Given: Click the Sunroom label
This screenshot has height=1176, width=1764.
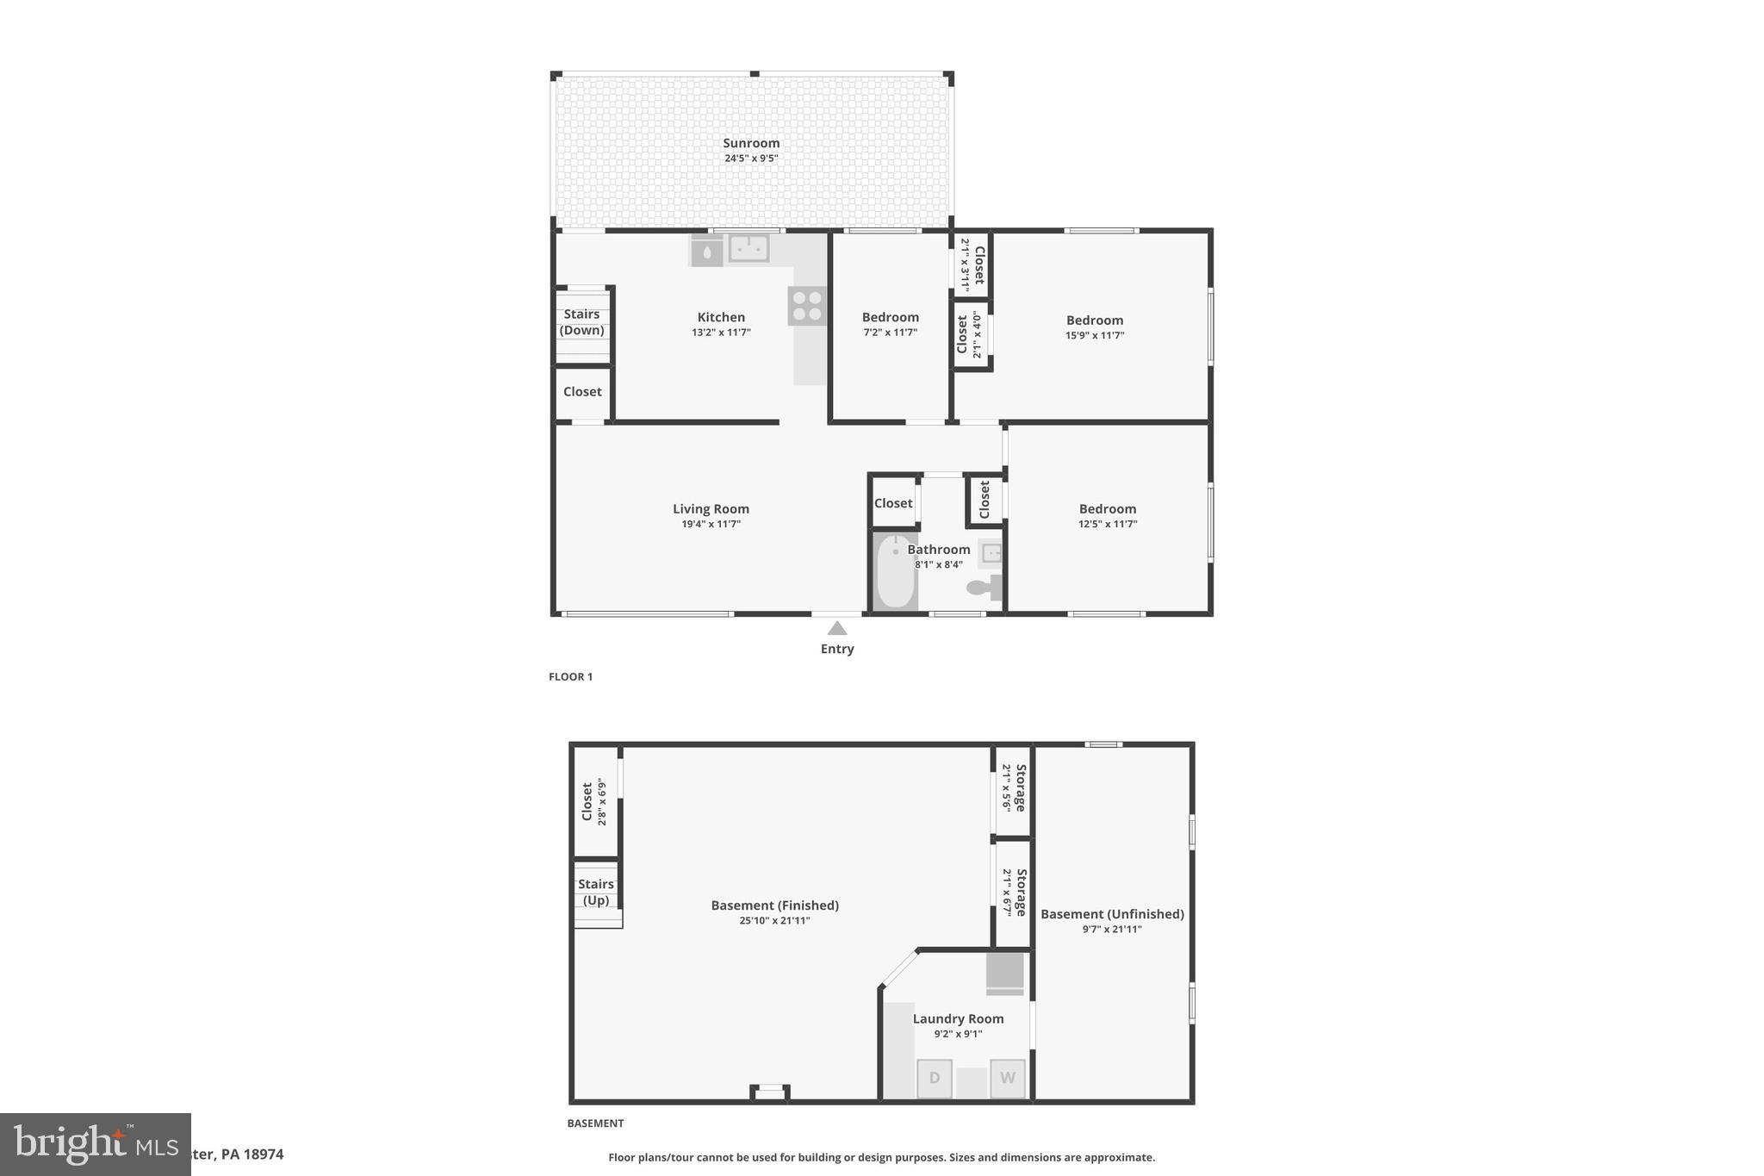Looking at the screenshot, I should (751, 144).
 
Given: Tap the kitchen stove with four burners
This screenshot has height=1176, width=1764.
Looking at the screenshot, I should (807, 306).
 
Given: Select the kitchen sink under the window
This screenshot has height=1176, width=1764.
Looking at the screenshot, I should (748, 248).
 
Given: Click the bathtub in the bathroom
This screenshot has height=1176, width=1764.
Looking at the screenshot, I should (895, 571).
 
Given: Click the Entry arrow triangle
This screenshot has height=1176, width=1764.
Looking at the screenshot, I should (836, 628).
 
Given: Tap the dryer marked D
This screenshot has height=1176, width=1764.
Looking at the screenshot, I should (934, 1078).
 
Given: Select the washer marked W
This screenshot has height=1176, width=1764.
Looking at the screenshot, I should (1007, 1078).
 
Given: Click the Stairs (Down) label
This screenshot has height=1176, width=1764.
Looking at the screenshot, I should (581, 322).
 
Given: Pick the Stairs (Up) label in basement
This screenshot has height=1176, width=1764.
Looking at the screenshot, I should (596, 893).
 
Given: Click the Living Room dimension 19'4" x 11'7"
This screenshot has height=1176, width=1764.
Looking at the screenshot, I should (711, 524).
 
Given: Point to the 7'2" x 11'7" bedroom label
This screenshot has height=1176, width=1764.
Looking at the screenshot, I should (890, 318).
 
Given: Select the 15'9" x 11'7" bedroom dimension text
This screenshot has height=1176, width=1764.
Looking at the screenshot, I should (1094, 335).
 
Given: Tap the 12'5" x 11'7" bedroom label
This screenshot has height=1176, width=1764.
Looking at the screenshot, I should (1108, 509).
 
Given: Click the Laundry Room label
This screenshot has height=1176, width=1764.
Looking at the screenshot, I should (958, 1019).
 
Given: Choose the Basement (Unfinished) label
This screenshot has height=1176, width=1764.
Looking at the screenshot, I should (1112, 914).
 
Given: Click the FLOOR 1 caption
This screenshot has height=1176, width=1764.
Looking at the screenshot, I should (570, 677).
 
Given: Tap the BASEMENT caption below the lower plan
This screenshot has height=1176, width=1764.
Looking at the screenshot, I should (595, 1123).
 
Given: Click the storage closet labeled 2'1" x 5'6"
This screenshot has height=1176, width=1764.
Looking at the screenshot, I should (1013, 788).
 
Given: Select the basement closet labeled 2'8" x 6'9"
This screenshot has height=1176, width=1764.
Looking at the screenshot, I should (594, 802).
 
